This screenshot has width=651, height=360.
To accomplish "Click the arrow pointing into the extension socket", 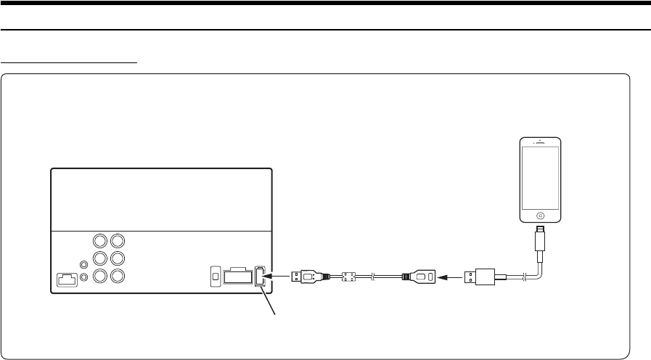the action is coord(452,276).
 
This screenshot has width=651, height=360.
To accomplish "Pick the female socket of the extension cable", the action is coord(421,276).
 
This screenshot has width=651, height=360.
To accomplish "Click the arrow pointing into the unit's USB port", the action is coord(278,276).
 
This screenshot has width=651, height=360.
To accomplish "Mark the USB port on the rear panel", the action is coord(261,277).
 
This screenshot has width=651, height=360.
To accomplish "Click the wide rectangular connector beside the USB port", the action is coord(237,277).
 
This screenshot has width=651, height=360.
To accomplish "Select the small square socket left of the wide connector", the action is coord(215,277).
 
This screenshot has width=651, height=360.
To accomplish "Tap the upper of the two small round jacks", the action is coord(85,266).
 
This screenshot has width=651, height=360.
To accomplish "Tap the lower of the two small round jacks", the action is coord(85,277).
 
